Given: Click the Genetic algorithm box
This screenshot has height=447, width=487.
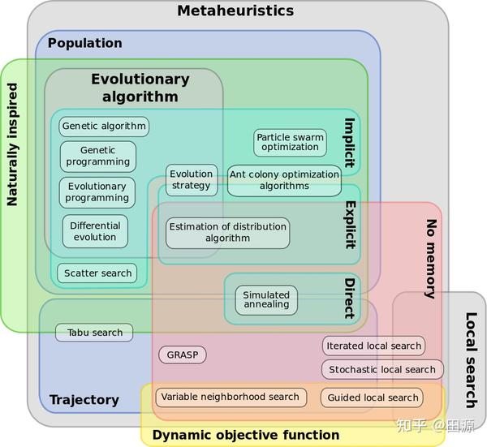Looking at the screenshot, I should click(x=104, y=126).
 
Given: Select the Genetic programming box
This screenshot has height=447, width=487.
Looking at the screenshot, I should click(x=97, y=156).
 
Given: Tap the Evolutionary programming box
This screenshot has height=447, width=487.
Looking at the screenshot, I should click(x=97, y=192).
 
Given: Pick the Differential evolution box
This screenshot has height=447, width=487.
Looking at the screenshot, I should click(x=95, y=231).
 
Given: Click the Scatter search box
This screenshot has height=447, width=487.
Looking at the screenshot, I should click(x=97, y=273).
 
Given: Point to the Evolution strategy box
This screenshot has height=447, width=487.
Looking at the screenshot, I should click(x=192, y=179).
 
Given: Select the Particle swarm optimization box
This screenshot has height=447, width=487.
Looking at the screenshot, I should click(x=290, y=142).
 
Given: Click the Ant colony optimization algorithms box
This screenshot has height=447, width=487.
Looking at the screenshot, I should click(x=284, y=179).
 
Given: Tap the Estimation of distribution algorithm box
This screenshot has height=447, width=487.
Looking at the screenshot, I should click(x=227, y=233).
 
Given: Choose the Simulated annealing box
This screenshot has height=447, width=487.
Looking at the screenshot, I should click(x=266, y=299).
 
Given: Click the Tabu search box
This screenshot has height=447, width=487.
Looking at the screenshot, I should click(x=94, y=332).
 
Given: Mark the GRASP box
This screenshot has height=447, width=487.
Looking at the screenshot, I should click(x=182, y=355).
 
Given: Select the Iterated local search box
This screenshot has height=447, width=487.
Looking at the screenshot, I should click(x=373, y=346).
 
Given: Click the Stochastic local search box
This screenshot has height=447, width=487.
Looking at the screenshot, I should click(x=382, y=369).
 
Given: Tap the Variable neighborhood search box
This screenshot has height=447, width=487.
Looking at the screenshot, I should click(x=231, y=397).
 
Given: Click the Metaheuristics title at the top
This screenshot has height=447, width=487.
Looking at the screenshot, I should click(x=235, y=11).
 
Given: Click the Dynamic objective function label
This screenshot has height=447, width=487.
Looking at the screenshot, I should click(x=245, y=435).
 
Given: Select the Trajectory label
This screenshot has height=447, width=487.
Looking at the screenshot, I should click(x=84, y=399).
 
